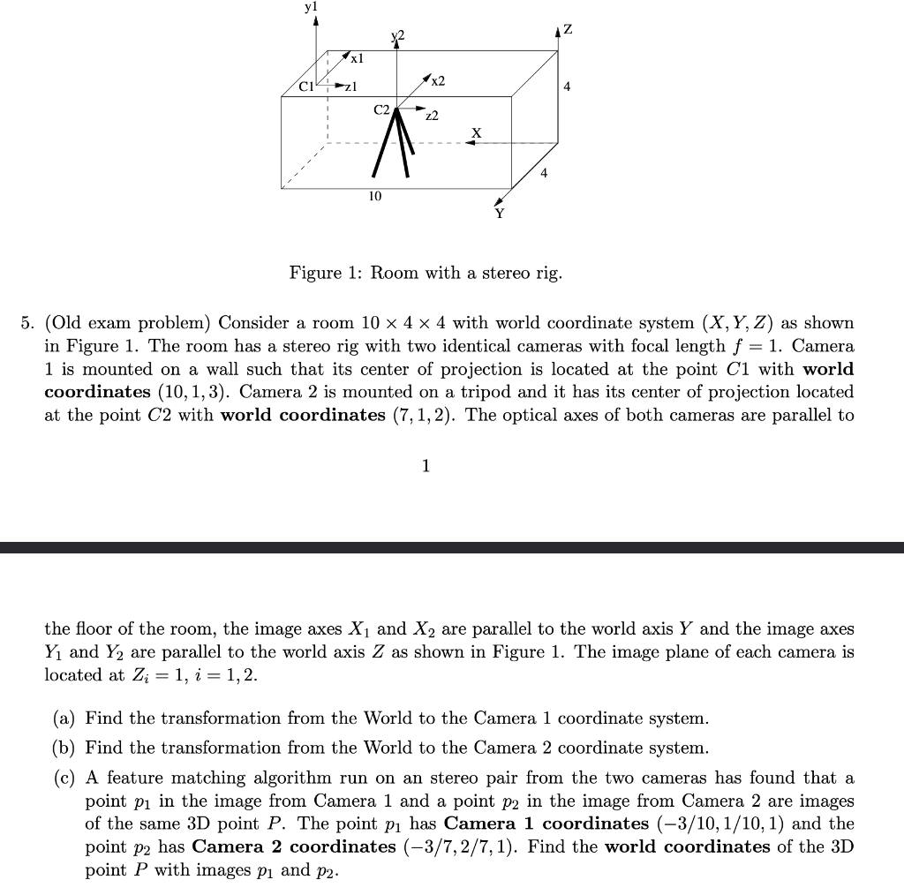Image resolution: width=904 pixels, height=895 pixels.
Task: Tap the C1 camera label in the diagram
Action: (x=306, y=86)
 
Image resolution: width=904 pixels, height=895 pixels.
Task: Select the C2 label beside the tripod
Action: (x=381, y=110)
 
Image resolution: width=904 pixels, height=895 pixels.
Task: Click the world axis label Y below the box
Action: (x=500, y=213)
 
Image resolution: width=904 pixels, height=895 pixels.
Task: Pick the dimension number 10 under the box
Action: (x=375, y=195)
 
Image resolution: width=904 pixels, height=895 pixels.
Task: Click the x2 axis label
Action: (x=438, y=80)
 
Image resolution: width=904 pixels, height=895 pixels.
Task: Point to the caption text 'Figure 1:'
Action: (x=327, y=273)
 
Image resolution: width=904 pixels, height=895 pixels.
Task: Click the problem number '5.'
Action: (x=27, y=323)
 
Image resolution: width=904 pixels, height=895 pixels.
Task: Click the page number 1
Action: (x=426, y=465)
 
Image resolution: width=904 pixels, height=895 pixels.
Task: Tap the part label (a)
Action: (x=64, y=718)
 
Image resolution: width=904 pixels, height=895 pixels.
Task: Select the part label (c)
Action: (x=64, y=778)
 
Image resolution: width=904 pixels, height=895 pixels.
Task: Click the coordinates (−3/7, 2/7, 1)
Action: (x=463, y=846)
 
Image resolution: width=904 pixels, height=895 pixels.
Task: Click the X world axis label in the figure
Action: (x=477, y=132)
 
